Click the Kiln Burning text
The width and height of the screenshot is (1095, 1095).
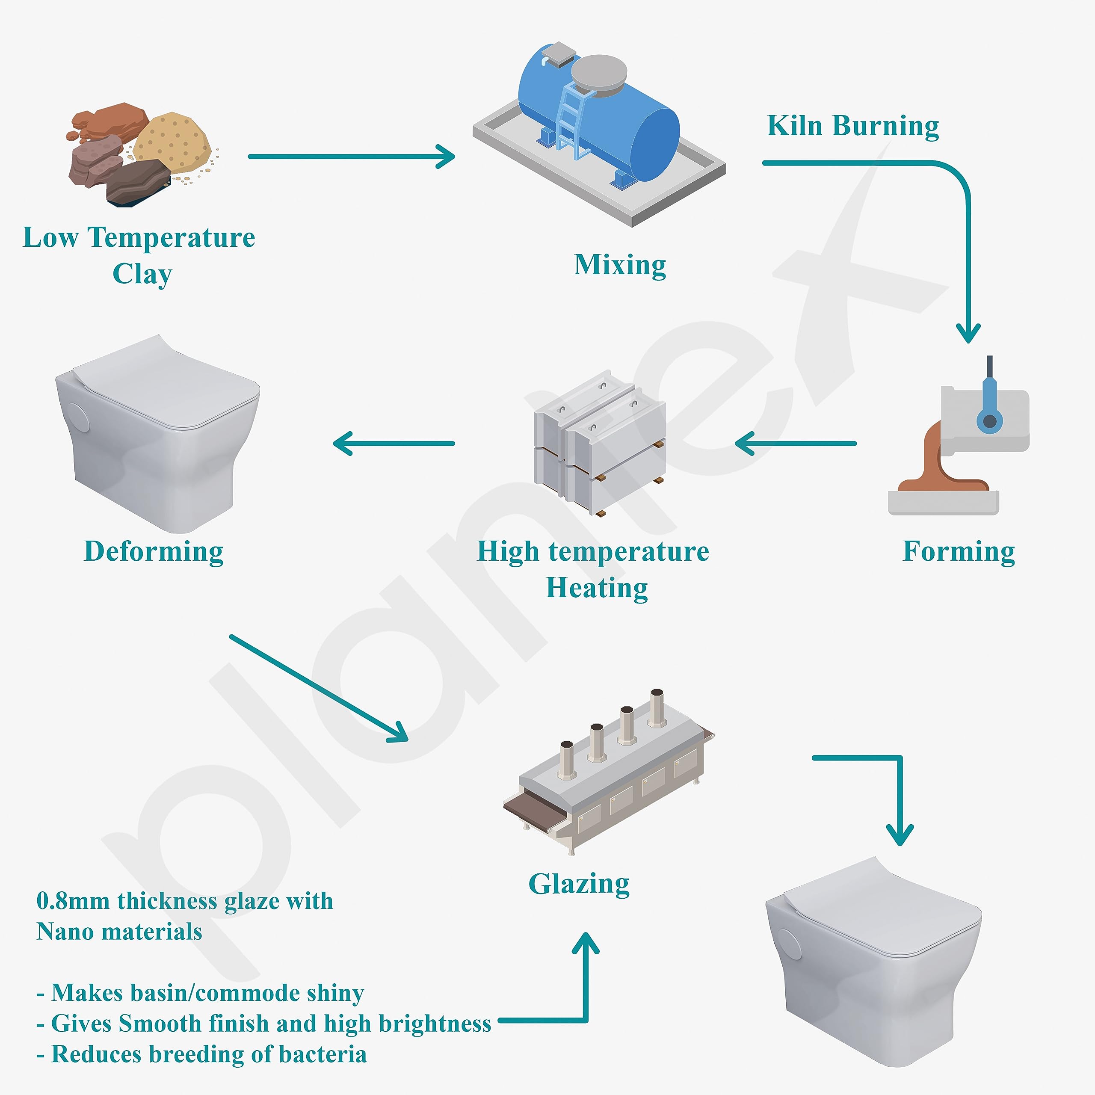pos(852,126)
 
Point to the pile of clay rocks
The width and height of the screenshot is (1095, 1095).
pos(139,153)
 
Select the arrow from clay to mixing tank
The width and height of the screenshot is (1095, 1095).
pos(352,157)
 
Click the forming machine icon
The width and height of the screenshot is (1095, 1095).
pos(958,442)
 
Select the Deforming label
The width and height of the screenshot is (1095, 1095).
pos(154,551)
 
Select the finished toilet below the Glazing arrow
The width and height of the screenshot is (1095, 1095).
pos(873,964)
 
